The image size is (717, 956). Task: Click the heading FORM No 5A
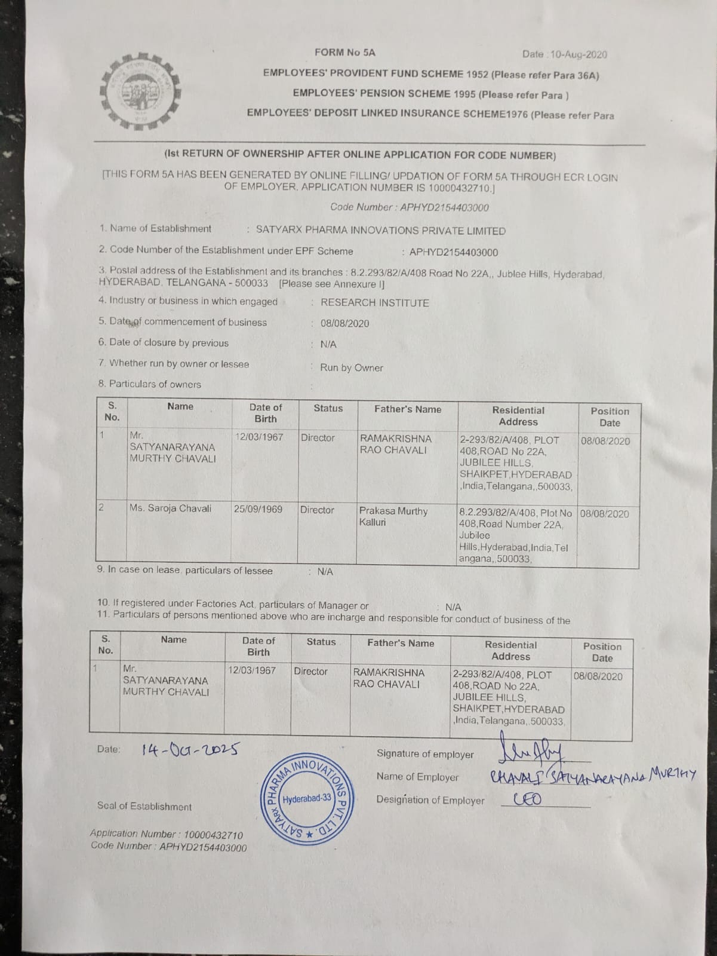click(x=345, y=53)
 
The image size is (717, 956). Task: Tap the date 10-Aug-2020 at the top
click(x=578, y=54)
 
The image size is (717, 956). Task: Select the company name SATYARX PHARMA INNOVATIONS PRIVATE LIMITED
click(x=380, y=231)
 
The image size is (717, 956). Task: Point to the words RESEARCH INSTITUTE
click(x=375, y=303)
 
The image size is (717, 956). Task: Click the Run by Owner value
click(x=352, y=368)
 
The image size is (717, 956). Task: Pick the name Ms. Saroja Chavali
click(x=171, y=508)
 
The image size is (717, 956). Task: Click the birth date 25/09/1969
click(x=258, y=510)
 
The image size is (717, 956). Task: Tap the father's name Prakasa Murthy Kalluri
click(x=393, y=517)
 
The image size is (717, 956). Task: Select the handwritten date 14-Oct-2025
click(x=190, y=749)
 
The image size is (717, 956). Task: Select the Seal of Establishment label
click(x=144, y=807)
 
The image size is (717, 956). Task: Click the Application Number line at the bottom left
click(x=167, y=834)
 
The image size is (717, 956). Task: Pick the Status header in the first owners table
click(x=328, y=409)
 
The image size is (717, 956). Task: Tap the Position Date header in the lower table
click(x=602, y=652)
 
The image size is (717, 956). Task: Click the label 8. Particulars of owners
click(x=150, y=384)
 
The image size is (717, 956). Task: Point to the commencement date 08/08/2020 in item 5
click(x=344, y=324)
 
